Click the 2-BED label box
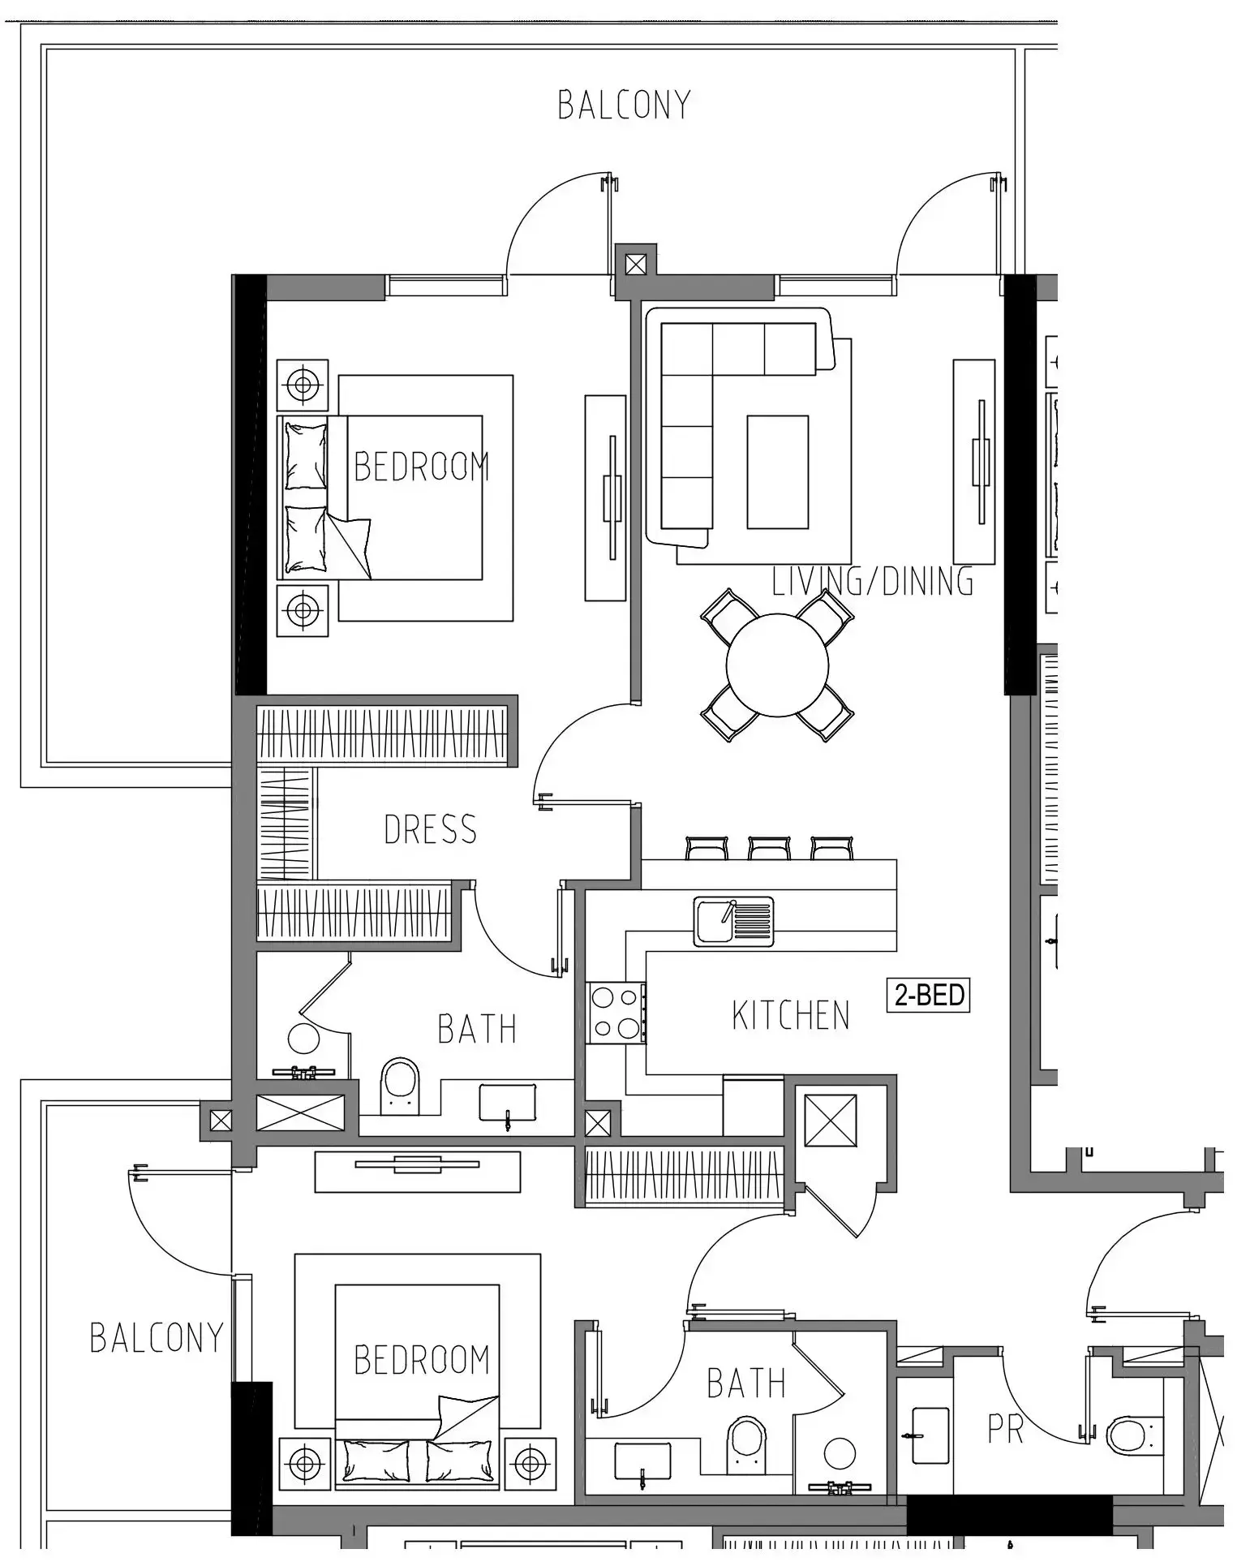tap(928, 995)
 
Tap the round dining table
tap(777, 665)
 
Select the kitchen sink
tap(733, 921)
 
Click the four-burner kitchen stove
tap(616, 1013)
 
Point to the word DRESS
tap(430, 830)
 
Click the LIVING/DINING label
tap(872, 582)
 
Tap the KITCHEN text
tap(790, 1016)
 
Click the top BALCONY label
tap(624, 105)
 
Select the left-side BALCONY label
tap(156, 1337)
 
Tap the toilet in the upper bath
tap(399, 1085)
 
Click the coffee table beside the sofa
tap(777, 472)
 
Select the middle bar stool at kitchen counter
tap(769, 848)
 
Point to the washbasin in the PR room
tap(930, 1435)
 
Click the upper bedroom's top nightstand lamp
tap(303, 385)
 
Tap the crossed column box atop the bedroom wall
tap(636, 264)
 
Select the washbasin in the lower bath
tap(642, 1461)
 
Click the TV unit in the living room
tap(973, 462)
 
